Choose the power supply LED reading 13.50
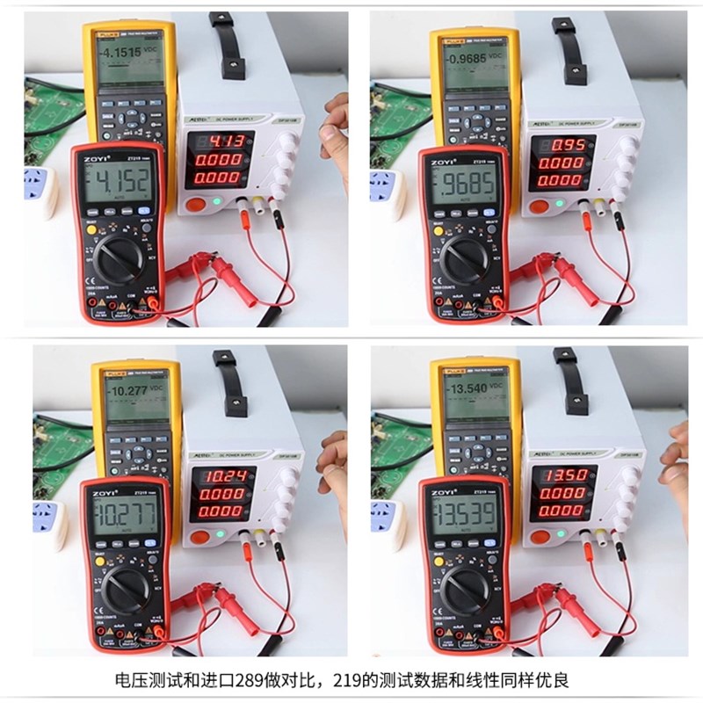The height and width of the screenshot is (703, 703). coord(560,478)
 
